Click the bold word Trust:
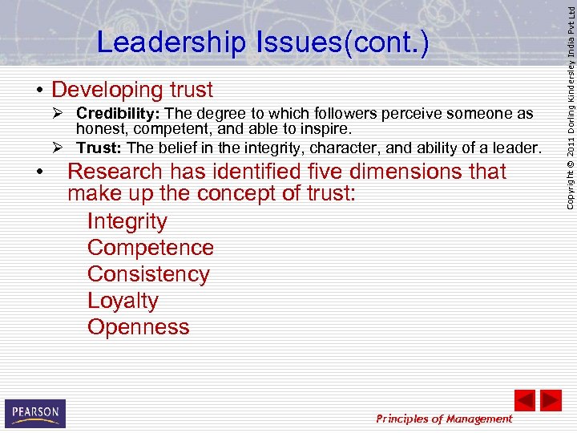click(99, 148)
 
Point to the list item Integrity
click(127, 221)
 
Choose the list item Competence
click(151, 248)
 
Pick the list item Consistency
click(148, 274)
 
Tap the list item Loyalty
click(123, 301)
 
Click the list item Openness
click(139, 327)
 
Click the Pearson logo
click(35, 413)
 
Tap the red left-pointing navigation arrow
click(524, 400)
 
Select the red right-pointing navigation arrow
click(551, 400)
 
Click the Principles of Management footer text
click(444, 419)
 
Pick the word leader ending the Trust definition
click(518, 148)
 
